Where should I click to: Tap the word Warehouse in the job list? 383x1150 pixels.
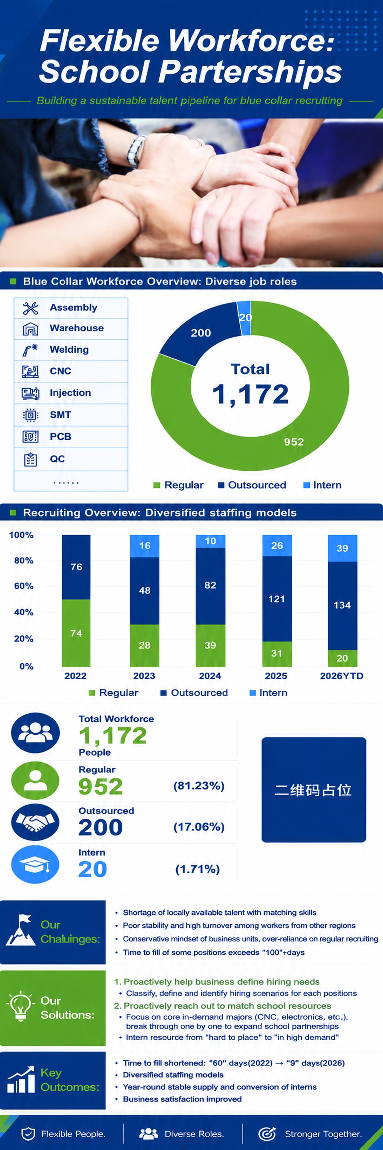(x=77, y=328)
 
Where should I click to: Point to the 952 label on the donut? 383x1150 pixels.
(x=294, y=442)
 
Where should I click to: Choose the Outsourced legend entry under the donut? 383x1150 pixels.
(x=252, y=485)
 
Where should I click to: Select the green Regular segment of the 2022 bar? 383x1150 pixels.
(x=76, y=633)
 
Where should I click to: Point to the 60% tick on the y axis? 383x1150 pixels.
(x=24, y=586)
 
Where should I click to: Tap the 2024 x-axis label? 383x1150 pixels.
(x=210, y=676)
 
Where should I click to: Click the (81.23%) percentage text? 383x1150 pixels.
(x=199, y=786)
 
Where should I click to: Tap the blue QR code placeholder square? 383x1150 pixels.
(x=314, y=790)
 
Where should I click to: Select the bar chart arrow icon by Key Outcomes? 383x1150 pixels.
(x=21, y=1079)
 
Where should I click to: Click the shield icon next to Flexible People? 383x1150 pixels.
(x=28, y=1133)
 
